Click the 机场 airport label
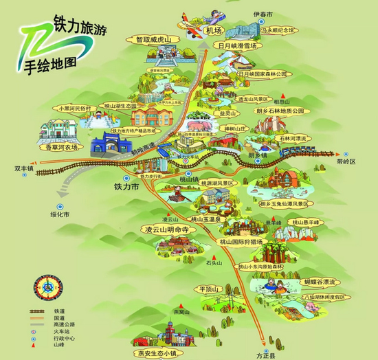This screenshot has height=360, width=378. pos(214,31)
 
